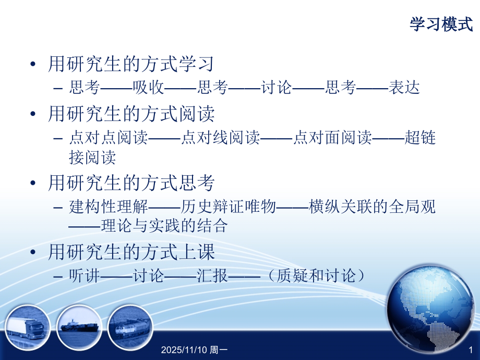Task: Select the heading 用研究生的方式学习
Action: tap(131, 65)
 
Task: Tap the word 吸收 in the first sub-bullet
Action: tap(148, 88)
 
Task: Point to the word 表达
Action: tap(404, 88)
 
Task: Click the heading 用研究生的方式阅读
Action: tap(131, 114)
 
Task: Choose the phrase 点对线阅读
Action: tap(220, 138)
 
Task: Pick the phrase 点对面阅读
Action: tap(332, 138)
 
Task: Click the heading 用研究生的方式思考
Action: tap(131, 183)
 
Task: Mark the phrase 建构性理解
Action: tap(109, 207)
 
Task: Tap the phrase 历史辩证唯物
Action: tap(228, 207)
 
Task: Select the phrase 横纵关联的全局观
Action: tap(372, 207)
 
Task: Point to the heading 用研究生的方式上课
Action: tap(131, 253)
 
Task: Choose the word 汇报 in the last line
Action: tap(212, 275)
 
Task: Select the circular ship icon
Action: tap(78, 327)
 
